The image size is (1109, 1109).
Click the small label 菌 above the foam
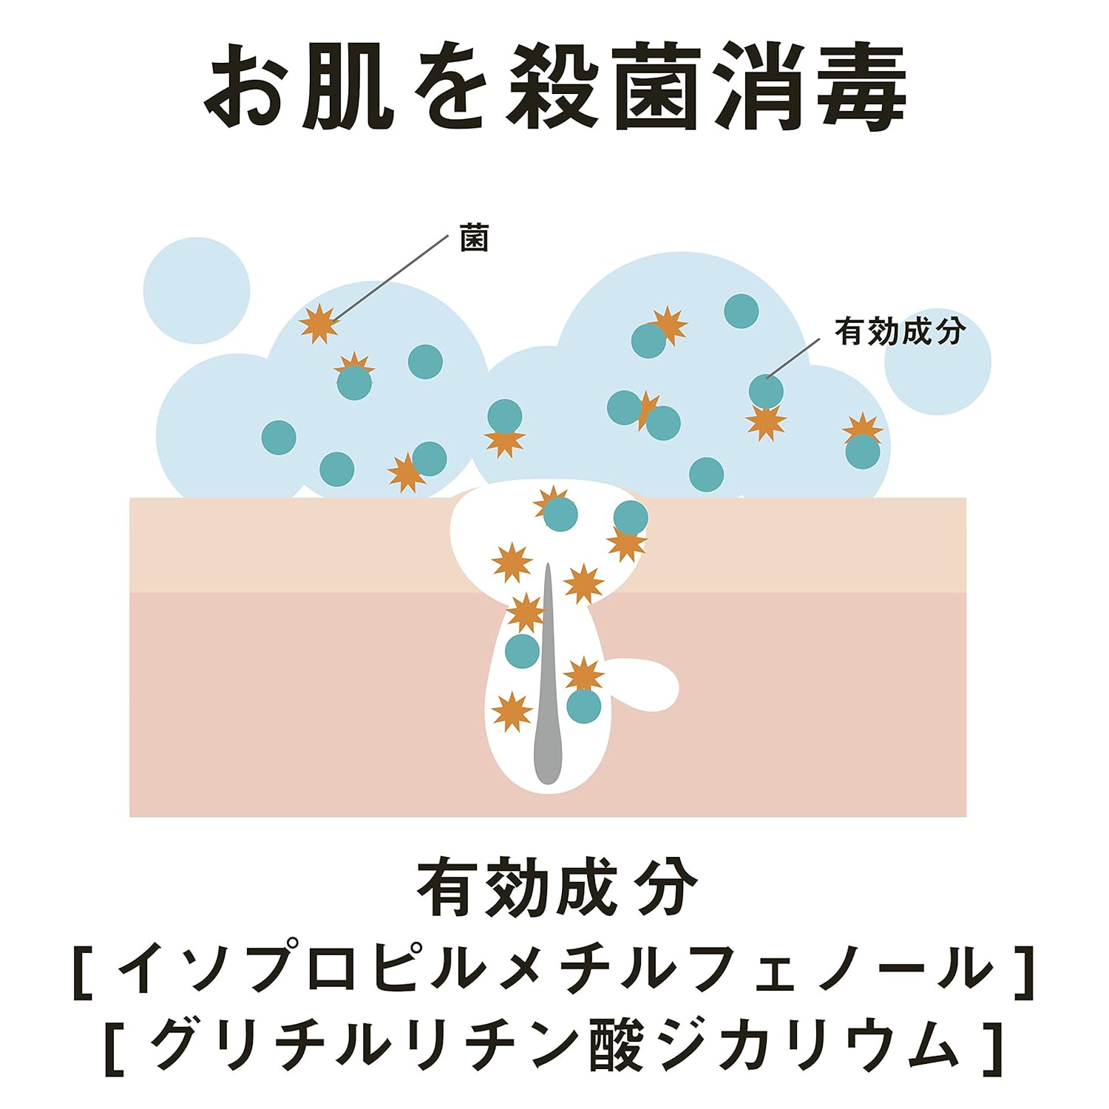point(474,238)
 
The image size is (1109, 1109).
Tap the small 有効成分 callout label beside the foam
point(900,331)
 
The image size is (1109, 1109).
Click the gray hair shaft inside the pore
point(548,680)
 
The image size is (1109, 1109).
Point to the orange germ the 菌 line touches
point(319,324)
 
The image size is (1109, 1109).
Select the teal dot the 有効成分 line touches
point(766,391)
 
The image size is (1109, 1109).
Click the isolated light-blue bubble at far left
point(197,291)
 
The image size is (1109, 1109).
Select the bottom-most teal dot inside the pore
point(584,706)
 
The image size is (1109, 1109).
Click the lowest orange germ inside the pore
point(512,712)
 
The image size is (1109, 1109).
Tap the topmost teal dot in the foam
point(741,311)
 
